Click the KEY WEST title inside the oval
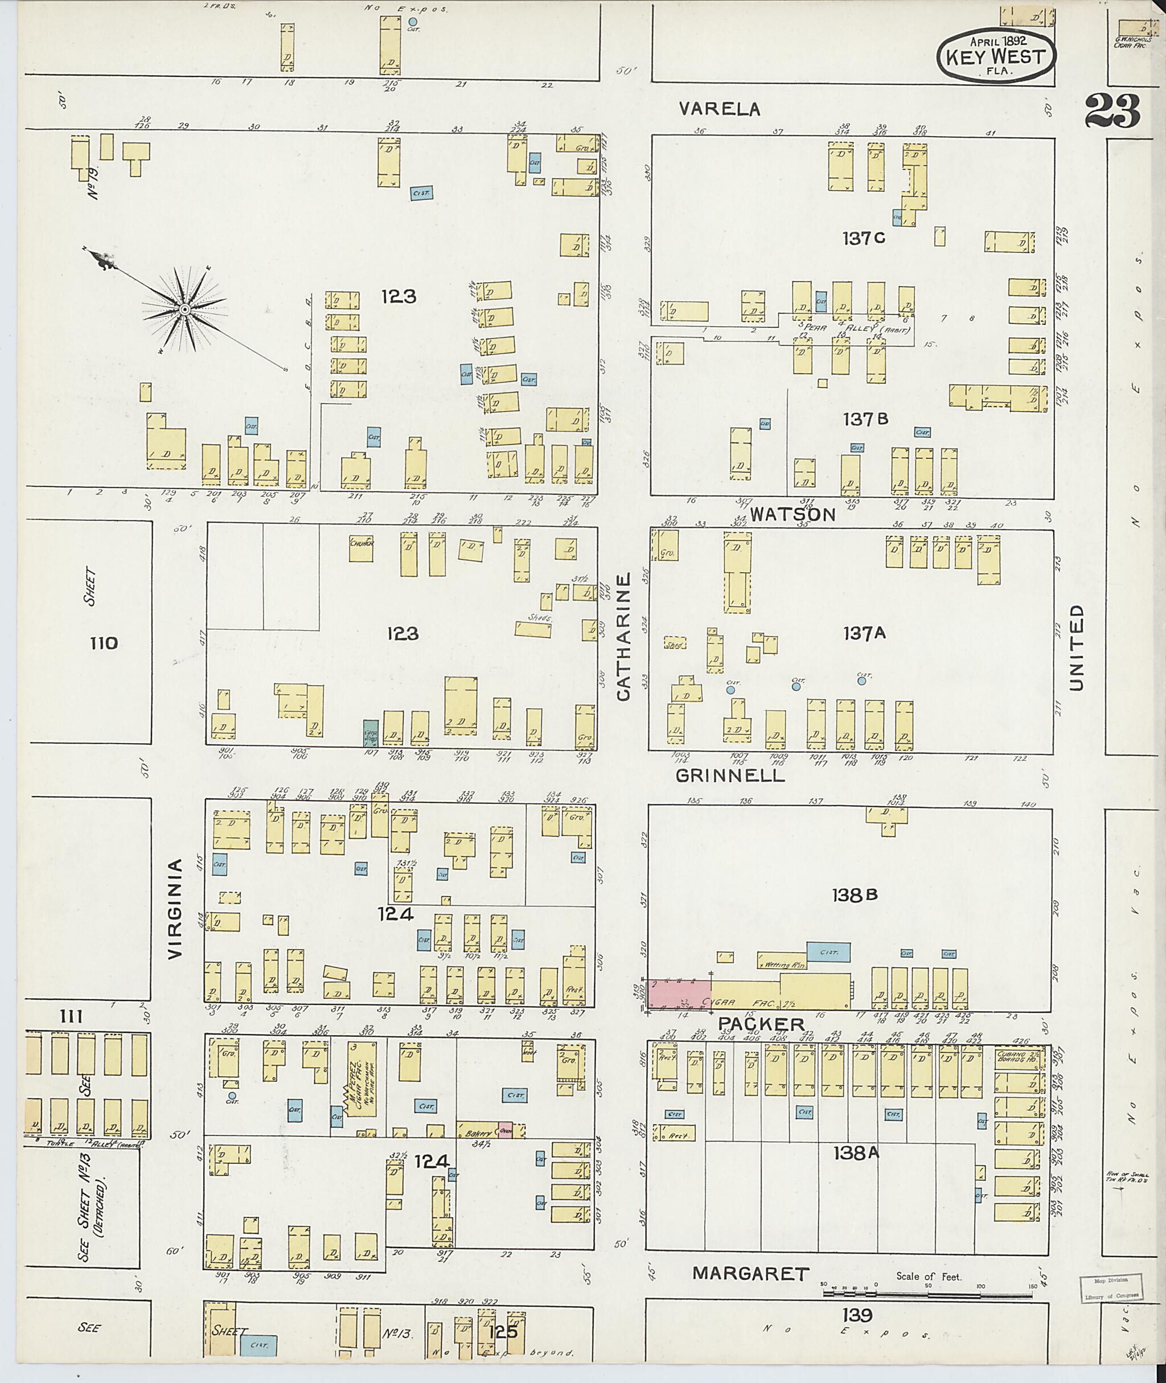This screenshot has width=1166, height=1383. click(996, 56)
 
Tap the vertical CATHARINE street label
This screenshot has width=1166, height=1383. click(624, 637)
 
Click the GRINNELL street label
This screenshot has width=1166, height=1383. click(730, 775)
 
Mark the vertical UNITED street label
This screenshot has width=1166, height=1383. click(1076, 648)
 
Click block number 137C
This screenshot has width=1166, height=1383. click(864, 239)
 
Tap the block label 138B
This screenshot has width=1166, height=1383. click(855, 895)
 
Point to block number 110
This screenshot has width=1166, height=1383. click(104, 643)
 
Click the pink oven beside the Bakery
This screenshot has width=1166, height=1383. click(505, 1130)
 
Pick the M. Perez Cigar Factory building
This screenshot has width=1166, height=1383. click(362, 1078)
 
